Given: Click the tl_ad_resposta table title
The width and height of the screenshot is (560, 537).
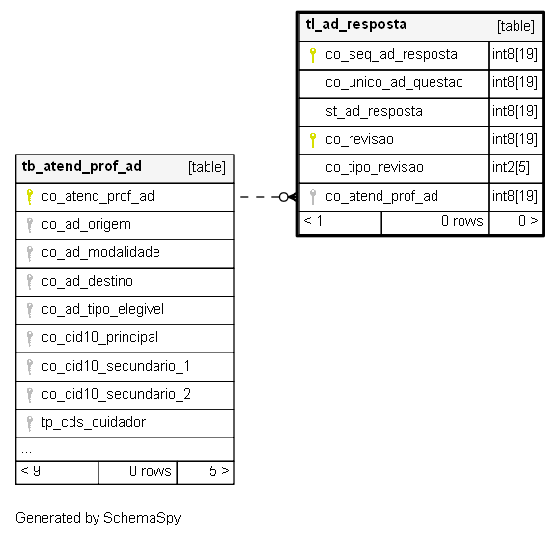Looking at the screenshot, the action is tap(355, 25).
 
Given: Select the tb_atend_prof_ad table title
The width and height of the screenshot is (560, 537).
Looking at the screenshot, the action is tap(82, 166).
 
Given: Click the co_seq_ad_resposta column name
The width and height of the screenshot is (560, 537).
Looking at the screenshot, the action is tap(391, 55).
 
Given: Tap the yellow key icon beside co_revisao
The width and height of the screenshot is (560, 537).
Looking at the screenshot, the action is tap(313, 140).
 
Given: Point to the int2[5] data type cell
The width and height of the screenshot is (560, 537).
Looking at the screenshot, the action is tap(511, 167).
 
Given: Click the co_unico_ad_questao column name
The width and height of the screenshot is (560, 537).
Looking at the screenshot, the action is tap(394, 83).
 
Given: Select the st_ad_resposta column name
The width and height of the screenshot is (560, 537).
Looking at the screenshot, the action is tap(374, 111).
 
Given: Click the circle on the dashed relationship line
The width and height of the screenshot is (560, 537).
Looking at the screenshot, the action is tap(283, 197).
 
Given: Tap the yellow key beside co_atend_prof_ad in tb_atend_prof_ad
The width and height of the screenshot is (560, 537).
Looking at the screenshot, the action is tap(30, 197).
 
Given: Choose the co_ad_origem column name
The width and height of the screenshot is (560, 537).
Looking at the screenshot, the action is tap(86, 225).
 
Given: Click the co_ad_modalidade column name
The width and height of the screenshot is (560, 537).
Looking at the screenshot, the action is tap(100, 253).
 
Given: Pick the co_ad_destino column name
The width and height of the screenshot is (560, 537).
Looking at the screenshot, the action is tap(87, 282).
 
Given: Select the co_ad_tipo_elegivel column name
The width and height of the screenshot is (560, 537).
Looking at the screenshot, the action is tap(102, 310).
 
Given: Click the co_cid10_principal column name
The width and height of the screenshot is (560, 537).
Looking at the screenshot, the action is tap(99, 338).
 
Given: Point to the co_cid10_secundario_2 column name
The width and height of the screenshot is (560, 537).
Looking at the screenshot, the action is tap(116, 394).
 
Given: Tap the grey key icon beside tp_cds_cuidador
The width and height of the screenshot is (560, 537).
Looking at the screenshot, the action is tap(30, 424).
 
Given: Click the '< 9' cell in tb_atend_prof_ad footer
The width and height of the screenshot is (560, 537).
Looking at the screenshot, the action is tap(57, 472).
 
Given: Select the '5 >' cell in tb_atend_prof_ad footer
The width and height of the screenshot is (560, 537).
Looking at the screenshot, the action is tap(206, 472).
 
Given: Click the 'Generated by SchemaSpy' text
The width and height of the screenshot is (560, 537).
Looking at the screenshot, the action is tap(98, 518).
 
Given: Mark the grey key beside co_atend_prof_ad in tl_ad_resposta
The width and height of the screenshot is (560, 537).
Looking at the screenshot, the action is tap(313, 197).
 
